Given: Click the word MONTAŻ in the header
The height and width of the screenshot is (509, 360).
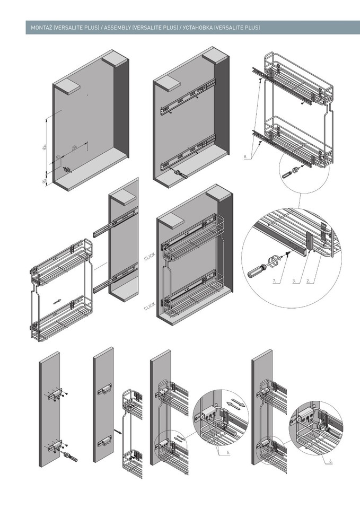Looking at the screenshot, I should [x=42, y=27].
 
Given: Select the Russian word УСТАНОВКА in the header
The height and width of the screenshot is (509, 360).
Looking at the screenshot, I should [x=197, y=27].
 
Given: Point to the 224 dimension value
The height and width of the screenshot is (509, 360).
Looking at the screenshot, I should [x=74, y=148].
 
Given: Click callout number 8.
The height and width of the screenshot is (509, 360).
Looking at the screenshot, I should [x=245, y=157].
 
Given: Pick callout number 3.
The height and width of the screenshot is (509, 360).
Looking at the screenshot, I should [x=293, y=280].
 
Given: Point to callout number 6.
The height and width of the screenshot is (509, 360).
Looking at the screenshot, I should [x=331, y=461].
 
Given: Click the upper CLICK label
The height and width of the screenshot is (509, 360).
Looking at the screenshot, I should [x=149, y=258].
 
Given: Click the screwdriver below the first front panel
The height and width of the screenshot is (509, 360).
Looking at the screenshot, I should [x=70, y=455].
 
